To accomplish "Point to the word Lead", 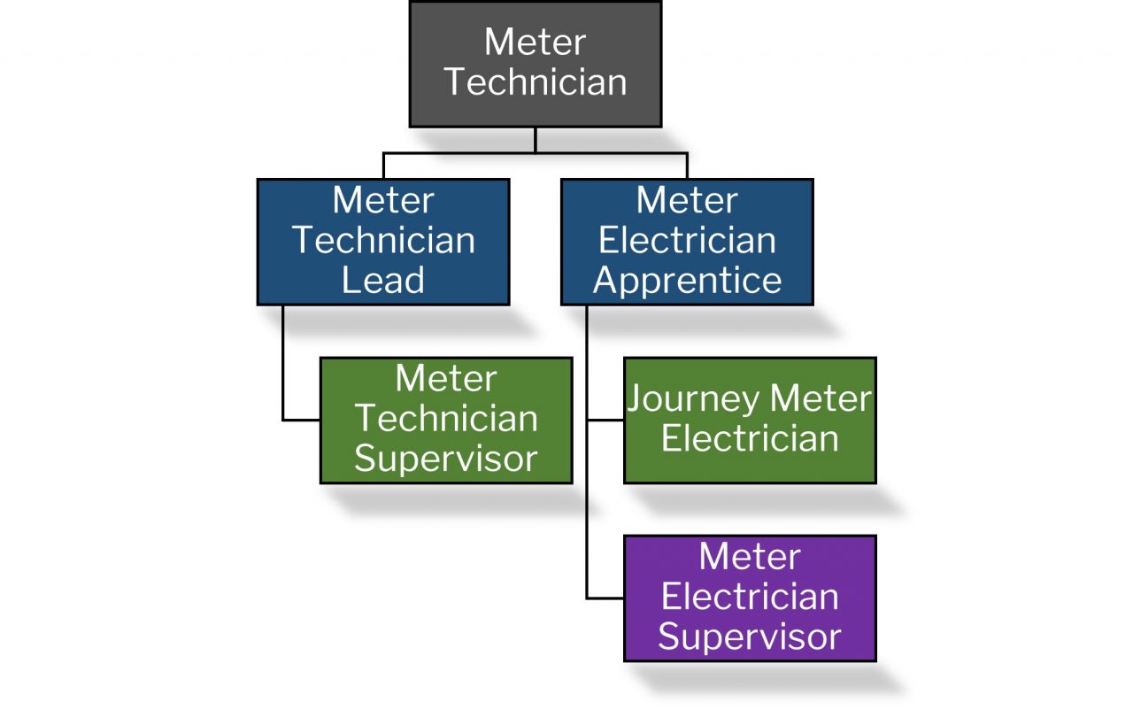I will (383, 281).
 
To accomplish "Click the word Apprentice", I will (687, 281).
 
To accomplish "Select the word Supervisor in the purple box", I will (750, 637).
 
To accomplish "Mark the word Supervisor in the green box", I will (446, 459).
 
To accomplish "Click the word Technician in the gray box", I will (536, 82).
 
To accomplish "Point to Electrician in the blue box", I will (687, 241).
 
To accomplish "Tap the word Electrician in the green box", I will (750, 439).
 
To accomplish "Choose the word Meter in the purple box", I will (750, 557).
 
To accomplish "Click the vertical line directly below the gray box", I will (536, 139).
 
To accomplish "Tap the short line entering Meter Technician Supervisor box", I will (301, 420).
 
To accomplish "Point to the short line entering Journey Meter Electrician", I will (605, 421).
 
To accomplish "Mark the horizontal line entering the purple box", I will (605, 598).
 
